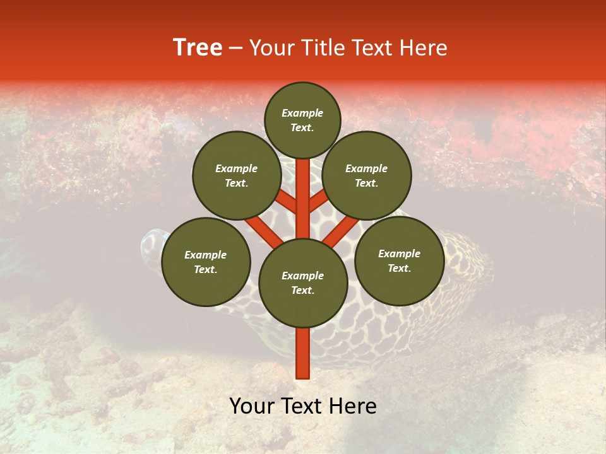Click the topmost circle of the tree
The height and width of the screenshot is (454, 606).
(x=302, y=120)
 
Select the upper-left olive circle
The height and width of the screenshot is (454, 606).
(x=236, y=175)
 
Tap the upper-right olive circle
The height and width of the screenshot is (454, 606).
(x=367, y=175)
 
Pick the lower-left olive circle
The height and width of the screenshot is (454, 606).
(x=206, y=262)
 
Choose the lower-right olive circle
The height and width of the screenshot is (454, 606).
(x=399, y=260)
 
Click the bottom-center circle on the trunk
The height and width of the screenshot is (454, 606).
(x=303, y=282)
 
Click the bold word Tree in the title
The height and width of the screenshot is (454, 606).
(x=198, y=47)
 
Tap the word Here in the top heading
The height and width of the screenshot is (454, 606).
(x=422, y=48)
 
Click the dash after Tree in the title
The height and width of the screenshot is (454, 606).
(x=236, y=49)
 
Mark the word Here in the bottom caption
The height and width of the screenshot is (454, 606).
(x=351, y=406)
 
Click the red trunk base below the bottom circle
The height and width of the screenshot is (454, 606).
(x=303, y=353)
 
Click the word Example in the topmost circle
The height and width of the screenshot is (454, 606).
(x=302, y=113)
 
